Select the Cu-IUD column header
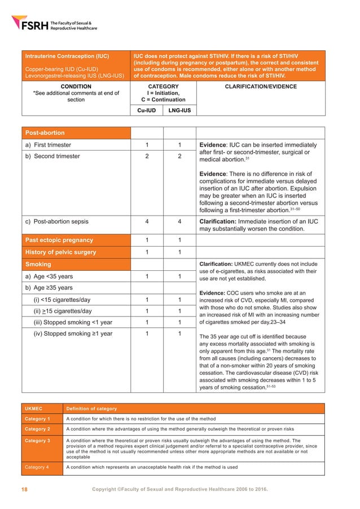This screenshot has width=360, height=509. click(147, 111)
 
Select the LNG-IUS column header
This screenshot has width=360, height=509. click(179, 111)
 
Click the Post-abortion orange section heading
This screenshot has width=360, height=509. click(43, 133)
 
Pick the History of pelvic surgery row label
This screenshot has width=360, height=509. click(60, 252)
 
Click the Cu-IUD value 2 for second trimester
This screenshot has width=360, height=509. click(147, 156)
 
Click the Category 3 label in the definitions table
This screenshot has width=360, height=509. click(37, 441)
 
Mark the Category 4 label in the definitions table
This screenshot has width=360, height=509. click(37, 467)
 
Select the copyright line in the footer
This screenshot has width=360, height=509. click(179, 488)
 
